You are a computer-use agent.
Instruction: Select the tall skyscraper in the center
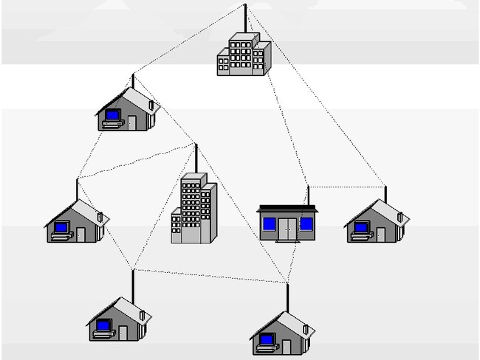click(193, 210)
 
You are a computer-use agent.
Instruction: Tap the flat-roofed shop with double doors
click(287, 223)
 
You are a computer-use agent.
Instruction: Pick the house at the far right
click(377, 224)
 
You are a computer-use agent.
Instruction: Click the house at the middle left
click(76, 224)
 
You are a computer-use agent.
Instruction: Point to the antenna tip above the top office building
click(245, 6)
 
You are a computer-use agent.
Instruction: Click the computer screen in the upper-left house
click(113, 115)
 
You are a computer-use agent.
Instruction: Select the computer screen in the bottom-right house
click(266, 339)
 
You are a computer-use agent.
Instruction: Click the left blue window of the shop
click(270, 222)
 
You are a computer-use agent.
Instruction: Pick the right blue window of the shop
click(306, 222)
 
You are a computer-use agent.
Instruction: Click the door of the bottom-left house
click(123, 332)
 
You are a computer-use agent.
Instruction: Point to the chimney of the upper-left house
click(152, 105)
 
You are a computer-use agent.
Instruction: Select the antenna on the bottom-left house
click(132, 284)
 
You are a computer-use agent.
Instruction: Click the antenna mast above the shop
click(308, 196)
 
